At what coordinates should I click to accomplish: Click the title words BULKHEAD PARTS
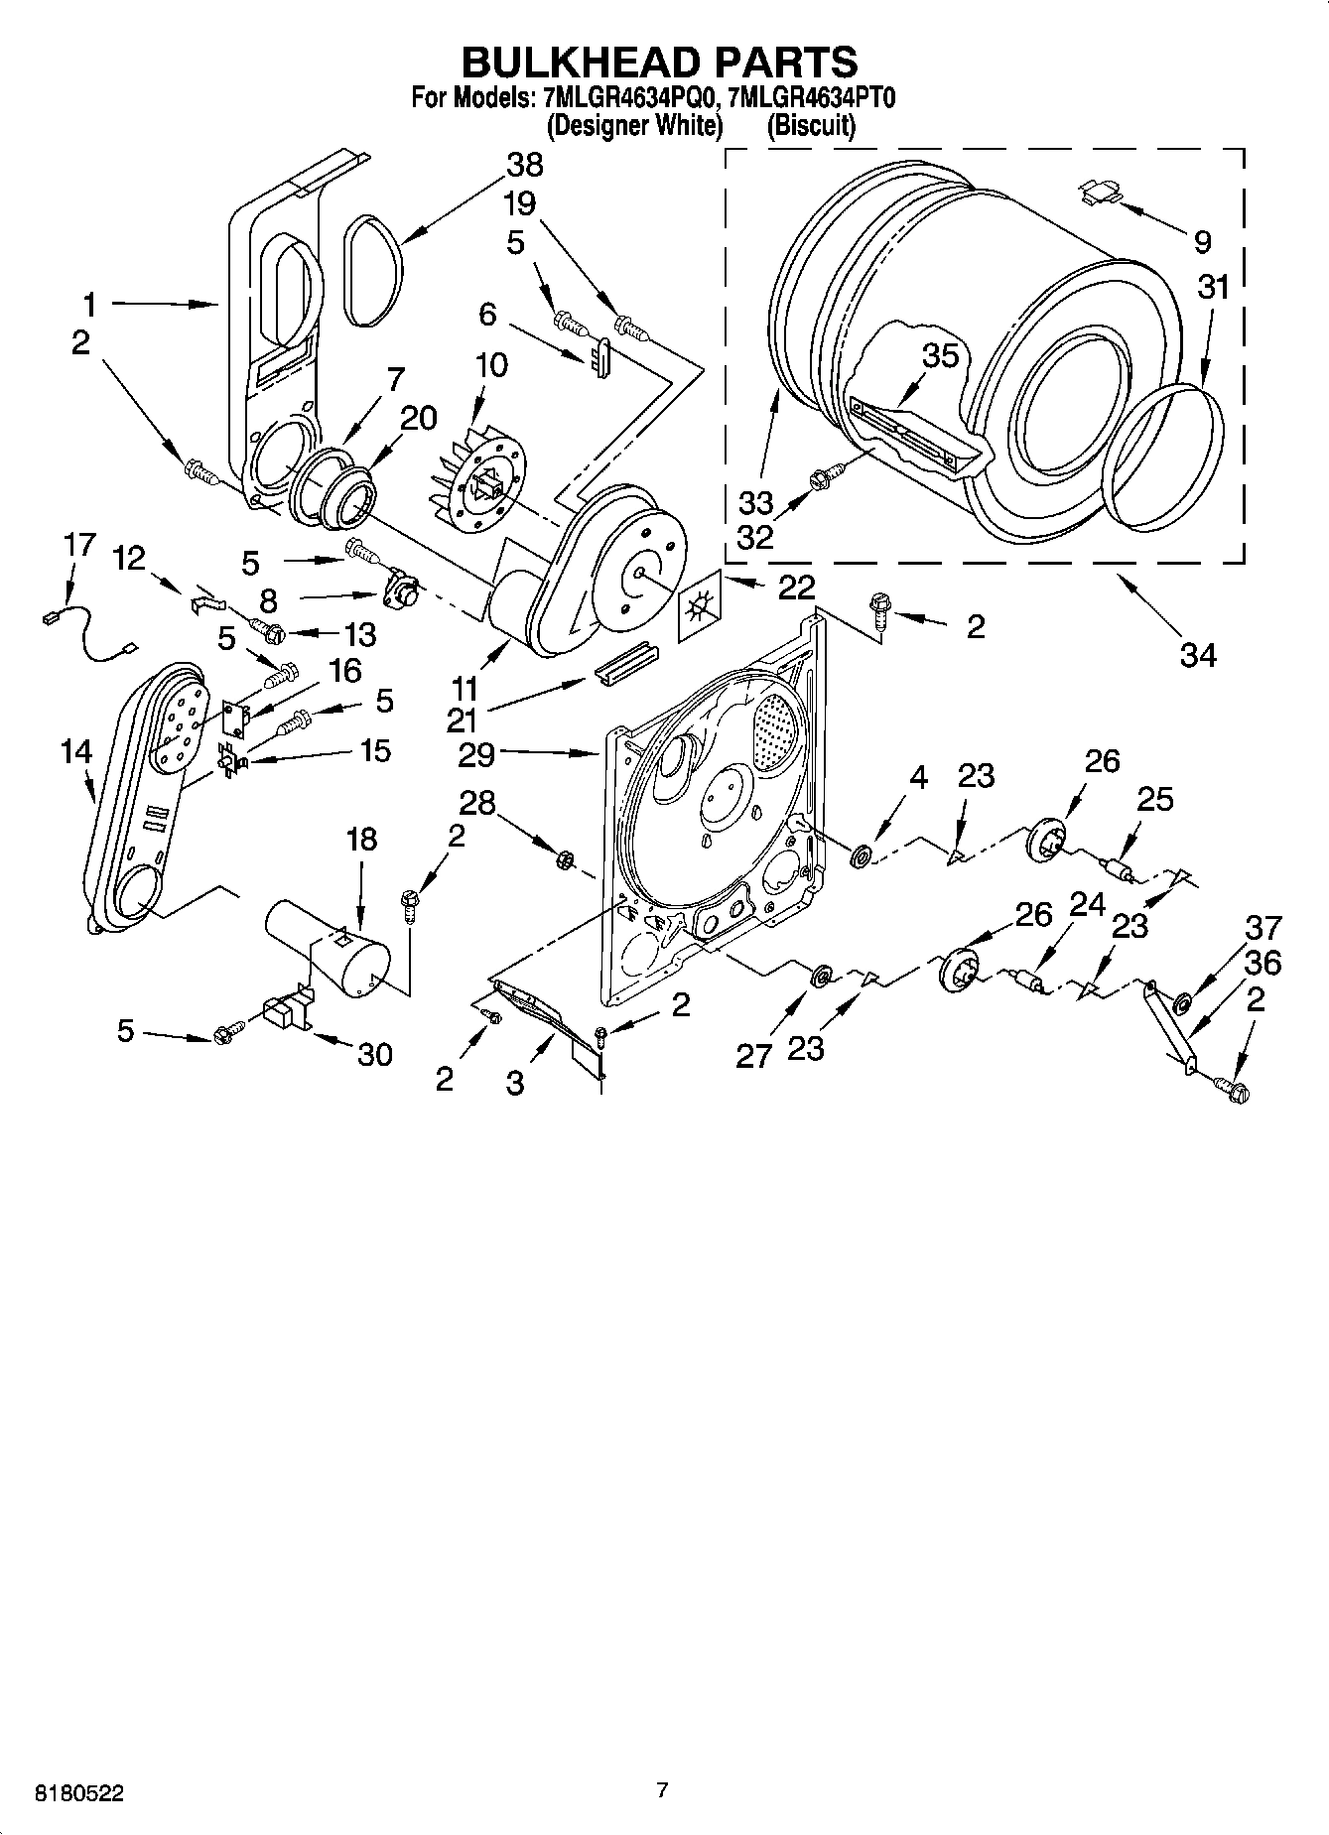coord(659,62)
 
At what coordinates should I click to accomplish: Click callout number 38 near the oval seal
coord(524,165)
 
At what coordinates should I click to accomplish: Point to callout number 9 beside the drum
coord(1201,241)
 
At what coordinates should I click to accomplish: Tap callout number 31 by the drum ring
coord(1212,288)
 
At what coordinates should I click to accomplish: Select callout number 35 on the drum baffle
coord(940,355)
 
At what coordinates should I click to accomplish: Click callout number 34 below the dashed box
coord(1198,654)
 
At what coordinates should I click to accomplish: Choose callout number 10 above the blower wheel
coord(490,365)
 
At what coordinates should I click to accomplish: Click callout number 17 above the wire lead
coord(79,545)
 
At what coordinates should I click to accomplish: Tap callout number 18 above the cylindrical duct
coord(361,840)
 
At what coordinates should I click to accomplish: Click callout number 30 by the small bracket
coord(374,1055)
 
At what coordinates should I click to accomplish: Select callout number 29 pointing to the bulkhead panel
coord(476,755)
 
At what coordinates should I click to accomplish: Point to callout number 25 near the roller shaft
coord(1154,799)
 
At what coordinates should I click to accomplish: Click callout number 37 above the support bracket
coord(1263,929)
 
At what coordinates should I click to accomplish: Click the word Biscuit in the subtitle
coord(810,126)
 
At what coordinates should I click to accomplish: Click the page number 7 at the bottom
coord(662,1790)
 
